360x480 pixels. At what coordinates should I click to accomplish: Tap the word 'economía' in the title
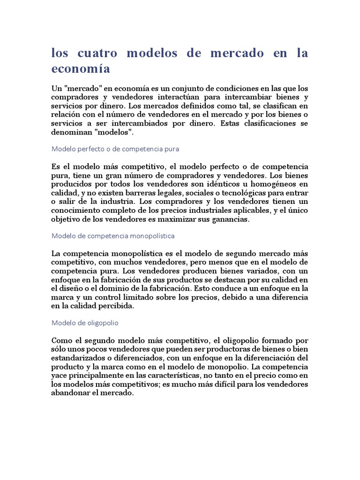81,69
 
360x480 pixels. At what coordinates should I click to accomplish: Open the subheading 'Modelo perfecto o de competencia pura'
115,149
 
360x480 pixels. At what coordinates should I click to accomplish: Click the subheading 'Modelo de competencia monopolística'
112,235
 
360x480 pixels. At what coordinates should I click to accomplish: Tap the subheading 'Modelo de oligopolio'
85,323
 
